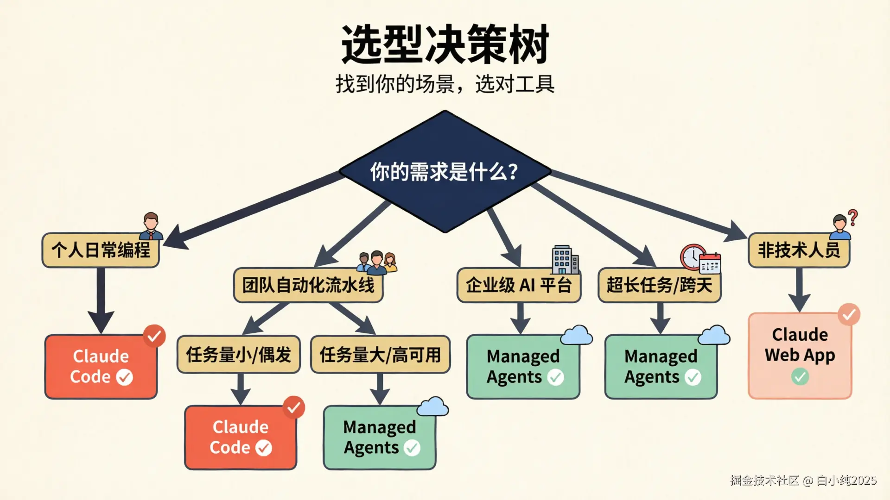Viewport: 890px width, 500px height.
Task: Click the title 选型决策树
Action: pos(445,45)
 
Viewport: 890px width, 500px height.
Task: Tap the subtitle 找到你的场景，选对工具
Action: pos(445,84)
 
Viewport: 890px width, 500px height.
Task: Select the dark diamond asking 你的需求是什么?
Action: pos(445,172)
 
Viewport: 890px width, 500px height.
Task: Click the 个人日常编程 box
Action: pos(101,250)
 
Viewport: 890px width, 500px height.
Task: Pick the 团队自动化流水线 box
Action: pos(308,285)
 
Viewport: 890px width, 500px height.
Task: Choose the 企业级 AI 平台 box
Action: pos(519,285)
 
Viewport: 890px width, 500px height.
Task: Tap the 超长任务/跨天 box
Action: pos(659,285)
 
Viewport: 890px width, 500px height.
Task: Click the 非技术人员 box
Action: pos(799,250)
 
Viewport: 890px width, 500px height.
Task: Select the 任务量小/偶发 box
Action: pos(239,355)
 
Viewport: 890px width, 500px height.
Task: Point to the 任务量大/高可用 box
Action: pos(380,355)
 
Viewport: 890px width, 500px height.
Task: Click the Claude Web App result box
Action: pos(800,356)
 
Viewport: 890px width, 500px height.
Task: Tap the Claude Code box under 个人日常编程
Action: pos(101,366)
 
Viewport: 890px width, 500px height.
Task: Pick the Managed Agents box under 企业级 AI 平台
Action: pos(523,367)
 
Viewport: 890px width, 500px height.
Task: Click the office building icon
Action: pos(564,259)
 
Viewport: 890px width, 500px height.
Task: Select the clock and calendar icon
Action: pos(700,258)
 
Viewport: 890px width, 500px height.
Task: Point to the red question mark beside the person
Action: pos(853,217)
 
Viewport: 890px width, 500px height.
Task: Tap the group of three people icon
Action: pos(377,262)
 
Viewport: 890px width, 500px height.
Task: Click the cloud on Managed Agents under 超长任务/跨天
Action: pos(714,335)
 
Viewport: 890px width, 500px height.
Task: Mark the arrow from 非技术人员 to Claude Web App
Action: pos(800,290)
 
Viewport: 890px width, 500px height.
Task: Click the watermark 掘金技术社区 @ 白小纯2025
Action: pos(803,481)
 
